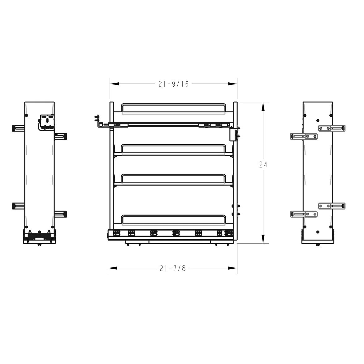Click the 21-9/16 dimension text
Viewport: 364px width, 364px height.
[x=173, y=84]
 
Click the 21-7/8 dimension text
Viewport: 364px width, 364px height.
[x=173, y=268]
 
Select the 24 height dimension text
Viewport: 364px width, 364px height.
[x=263, y=165]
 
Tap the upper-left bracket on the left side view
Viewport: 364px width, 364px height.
[x=18, y=128]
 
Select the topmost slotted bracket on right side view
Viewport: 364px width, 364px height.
[x=332, y=128]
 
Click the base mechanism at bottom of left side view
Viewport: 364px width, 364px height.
[x=39, y=237]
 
